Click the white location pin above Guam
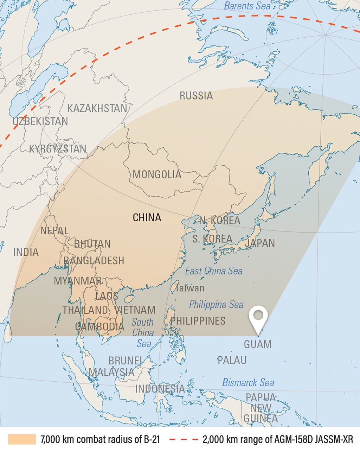tap(258, 317)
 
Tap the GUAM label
tap(258, 344)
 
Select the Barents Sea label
tap(247, 6)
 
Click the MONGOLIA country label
tap(157, 174)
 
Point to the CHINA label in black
tap(147, 217)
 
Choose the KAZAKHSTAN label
tap(97, 108)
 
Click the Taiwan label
tap(190, 288)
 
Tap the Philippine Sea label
tap(216, 304)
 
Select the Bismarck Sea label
tap(248, 382)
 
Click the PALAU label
tap(232, 360)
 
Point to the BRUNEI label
tap(125, 361)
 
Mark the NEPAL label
tap(54, 231)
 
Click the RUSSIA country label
tap(196, 95)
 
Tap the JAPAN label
tap(260, 243)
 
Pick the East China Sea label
tap(214, 271)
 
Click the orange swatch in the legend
tap(22, 439)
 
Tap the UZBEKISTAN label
tap(40, 122)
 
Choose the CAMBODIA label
tap(100, 326)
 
